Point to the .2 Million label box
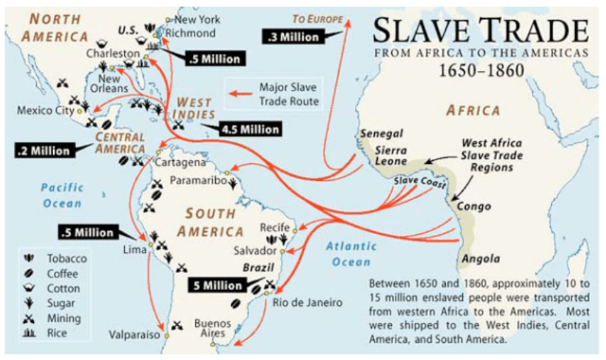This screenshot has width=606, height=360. [x=46, y=150]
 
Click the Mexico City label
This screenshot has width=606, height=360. [x=45, y=111]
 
